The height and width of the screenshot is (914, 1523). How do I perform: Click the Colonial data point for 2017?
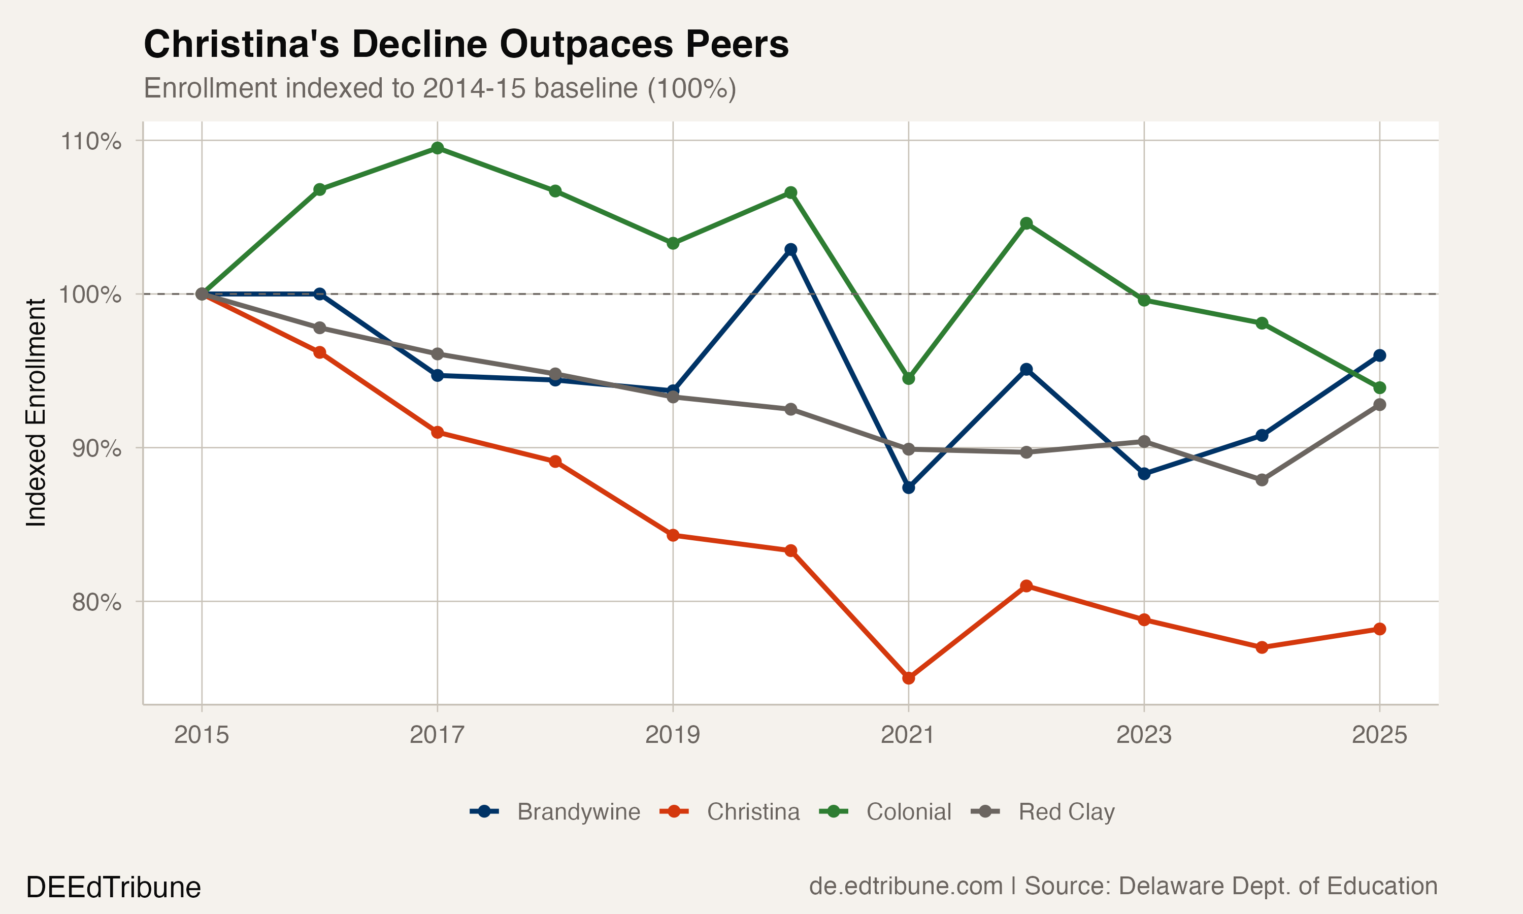tap(437, 148)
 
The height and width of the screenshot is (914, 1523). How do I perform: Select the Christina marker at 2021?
tap(909, 678)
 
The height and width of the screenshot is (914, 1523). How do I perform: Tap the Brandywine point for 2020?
tap(791, 249)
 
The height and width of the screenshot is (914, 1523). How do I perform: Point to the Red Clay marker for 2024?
tap(1262, 480)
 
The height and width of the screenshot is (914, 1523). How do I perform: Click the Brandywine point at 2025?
tap(1379, 355)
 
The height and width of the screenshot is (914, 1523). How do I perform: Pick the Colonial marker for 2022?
tap(1026, 223)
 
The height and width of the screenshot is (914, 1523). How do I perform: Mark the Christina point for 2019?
tap(673, 535)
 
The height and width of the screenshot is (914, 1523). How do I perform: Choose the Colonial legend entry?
tap(886, 812)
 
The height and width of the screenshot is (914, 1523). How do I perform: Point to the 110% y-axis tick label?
tap(90, 141)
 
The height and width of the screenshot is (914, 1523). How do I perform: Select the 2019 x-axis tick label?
tap(673, 735)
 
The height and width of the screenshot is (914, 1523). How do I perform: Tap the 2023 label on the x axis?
tap(1144, 735)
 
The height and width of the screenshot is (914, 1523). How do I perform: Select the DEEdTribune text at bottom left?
tap(113, 888)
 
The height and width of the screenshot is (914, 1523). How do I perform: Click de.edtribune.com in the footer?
tap(906, 886)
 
